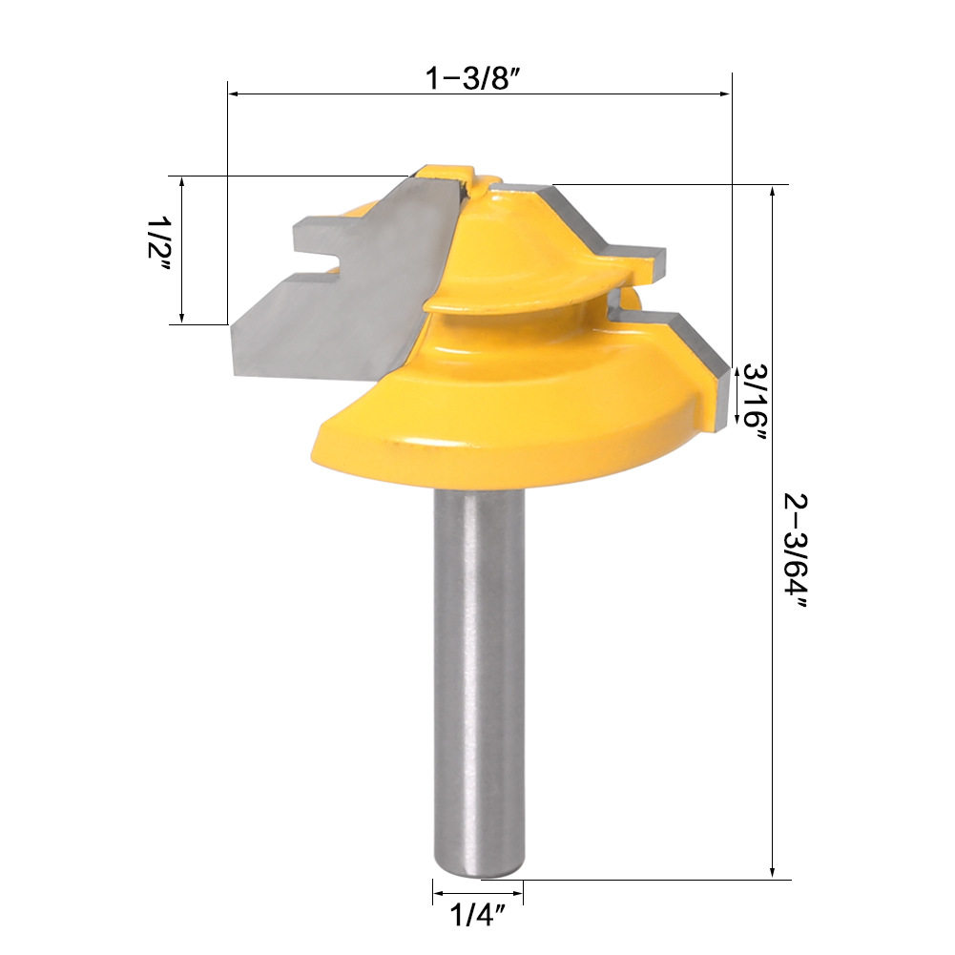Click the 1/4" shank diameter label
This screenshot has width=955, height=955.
pyautogui.click(x=478, y=915)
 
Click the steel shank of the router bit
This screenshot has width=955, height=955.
pyautogui.click(x=479, y=683)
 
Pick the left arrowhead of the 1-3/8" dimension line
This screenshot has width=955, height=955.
pyautogui.click(x=234, y=93)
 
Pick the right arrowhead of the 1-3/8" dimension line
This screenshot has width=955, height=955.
pyautogui.click(x=725, y=93)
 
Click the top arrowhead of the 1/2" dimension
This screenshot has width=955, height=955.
pyautogui.click(x=181, y=181)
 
